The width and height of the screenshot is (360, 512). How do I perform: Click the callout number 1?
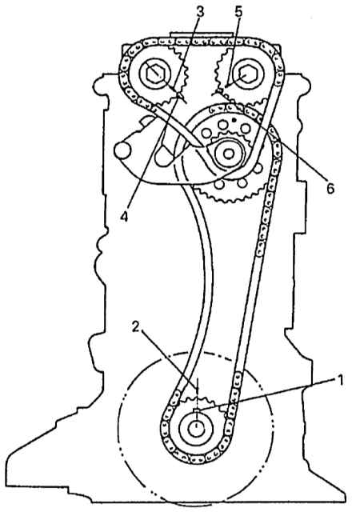[340, 381]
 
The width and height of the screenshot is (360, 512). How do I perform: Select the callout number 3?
[200, 12]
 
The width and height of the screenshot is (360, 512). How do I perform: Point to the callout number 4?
[124, 216]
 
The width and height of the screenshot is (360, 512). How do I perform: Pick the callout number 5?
[239, 12]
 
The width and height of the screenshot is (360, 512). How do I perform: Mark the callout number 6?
[330, 189]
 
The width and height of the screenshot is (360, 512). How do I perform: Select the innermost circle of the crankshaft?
[196, 426]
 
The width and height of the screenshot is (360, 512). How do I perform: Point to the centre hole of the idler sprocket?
[229, 154]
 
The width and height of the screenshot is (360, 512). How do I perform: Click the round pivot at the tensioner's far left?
[122, 150]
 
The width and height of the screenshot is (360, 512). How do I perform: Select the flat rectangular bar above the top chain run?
[202, 34]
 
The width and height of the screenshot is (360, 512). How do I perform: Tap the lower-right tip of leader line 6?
[324, 179]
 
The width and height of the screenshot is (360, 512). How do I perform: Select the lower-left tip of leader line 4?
[128, 208]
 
